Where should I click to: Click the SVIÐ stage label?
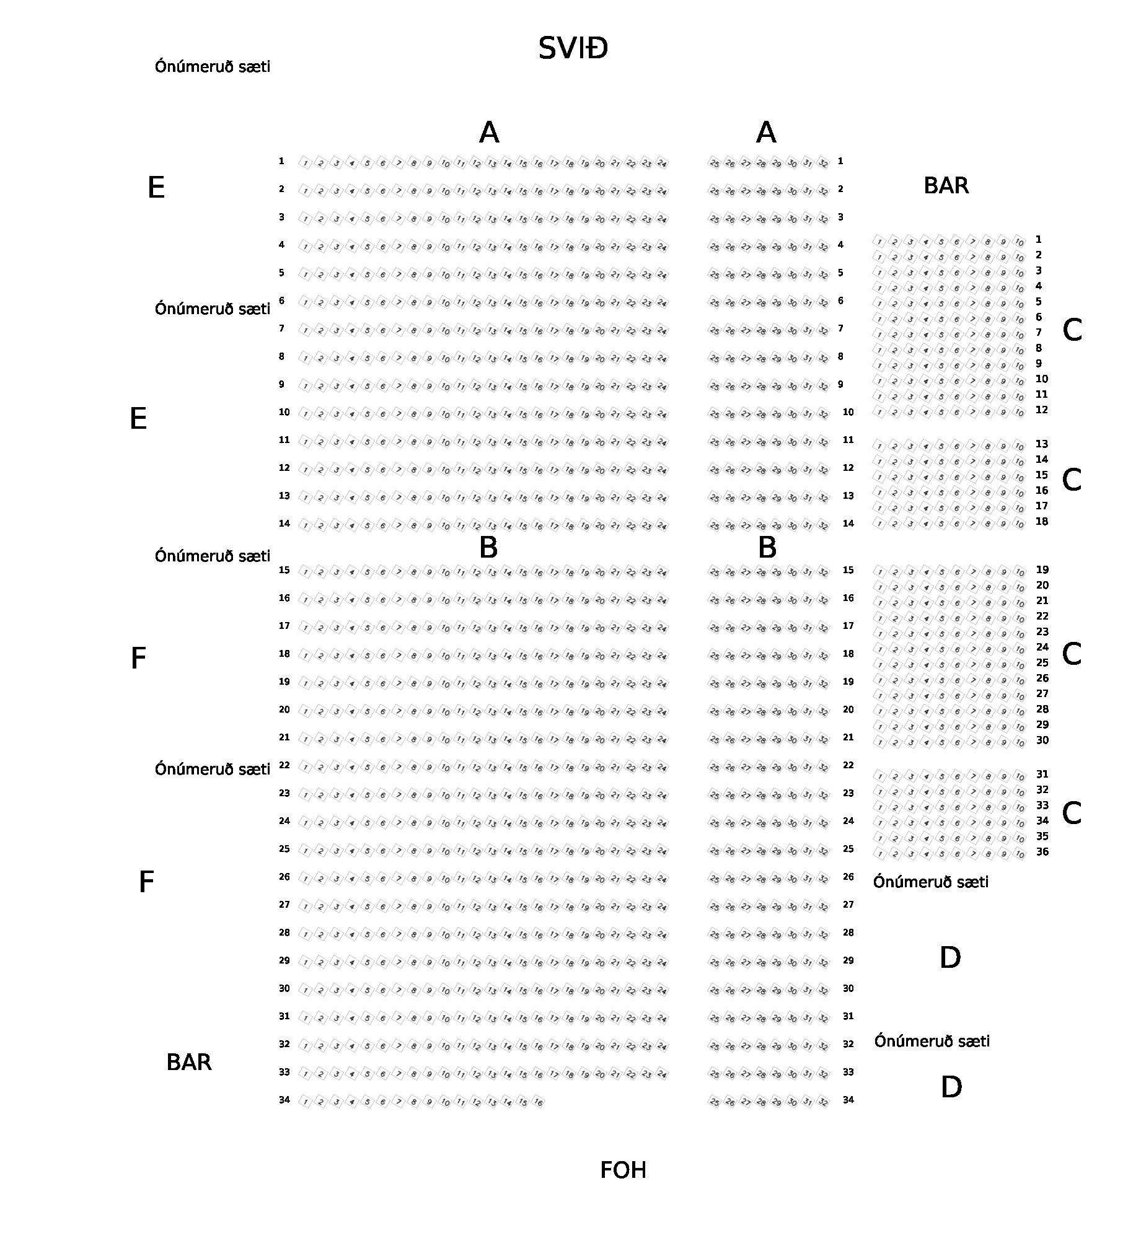(x=573, y=48)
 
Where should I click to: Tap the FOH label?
(x=623, y=1170)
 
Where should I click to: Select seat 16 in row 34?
(x=538, y=1102)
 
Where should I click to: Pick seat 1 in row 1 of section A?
(x=305, y=163)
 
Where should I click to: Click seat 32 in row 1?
(x=823, y=164)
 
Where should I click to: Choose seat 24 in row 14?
(x=662, y=525)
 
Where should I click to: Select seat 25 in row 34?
(x=714, y=1102)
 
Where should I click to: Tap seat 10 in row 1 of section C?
(x=1020, y=242)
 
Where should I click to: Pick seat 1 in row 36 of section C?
(x=880, y=854)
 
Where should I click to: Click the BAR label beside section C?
(x=946, y=186)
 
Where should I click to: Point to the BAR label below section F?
(x=189, y=1063)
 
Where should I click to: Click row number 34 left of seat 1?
(x=284, y=1100)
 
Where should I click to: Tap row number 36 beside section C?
(x=1042, y=852)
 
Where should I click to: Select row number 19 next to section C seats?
(x=1042, y=570)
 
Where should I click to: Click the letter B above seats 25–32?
(x=767, y=548)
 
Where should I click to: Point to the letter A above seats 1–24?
(x=489, y=133)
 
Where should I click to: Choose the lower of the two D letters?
(x=951, y=1087)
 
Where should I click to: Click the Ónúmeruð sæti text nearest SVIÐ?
(x=213, y=67)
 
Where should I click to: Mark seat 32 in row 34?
(x=823, y=1102)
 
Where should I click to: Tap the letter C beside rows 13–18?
(x=1072, y=480)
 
